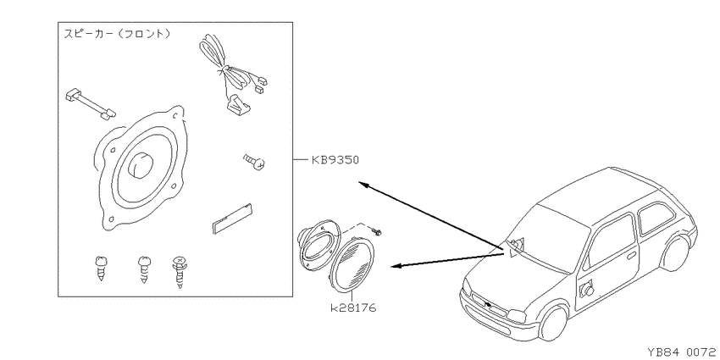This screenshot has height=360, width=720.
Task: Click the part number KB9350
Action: (x=335, y=160)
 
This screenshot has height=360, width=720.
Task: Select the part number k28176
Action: (x=353, y=307)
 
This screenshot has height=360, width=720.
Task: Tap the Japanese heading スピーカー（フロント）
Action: (x=117, y=34)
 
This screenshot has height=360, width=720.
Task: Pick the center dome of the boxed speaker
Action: (x=141, y=164)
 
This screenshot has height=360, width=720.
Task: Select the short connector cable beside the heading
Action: (x=91, y=104)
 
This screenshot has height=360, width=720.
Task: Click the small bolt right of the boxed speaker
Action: (x=254, y=161)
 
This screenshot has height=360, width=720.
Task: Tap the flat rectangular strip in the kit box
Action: (x=233, y=219)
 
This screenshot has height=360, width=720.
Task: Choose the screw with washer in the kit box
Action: (x=180, y=272)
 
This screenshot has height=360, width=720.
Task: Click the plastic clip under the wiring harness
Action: (x=238, y=105)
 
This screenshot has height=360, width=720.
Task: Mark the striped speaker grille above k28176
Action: (x=352, y=265)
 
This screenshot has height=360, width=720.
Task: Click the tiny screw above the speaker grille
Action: (x=378, y=232)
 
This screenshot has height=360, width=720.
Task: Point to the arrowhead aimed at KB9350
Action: (x=363, y=185)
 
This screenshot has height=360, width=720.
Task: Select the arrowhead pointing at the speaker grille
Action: (x=396, y=266)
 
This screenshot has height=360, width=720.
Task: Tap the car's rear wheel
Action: (x=675, y=254)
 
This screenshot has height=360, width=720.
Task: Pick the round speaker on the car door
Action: (x=587, y=290)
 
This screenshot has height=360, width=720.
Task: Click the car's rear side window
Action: (x=656, y=218)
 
